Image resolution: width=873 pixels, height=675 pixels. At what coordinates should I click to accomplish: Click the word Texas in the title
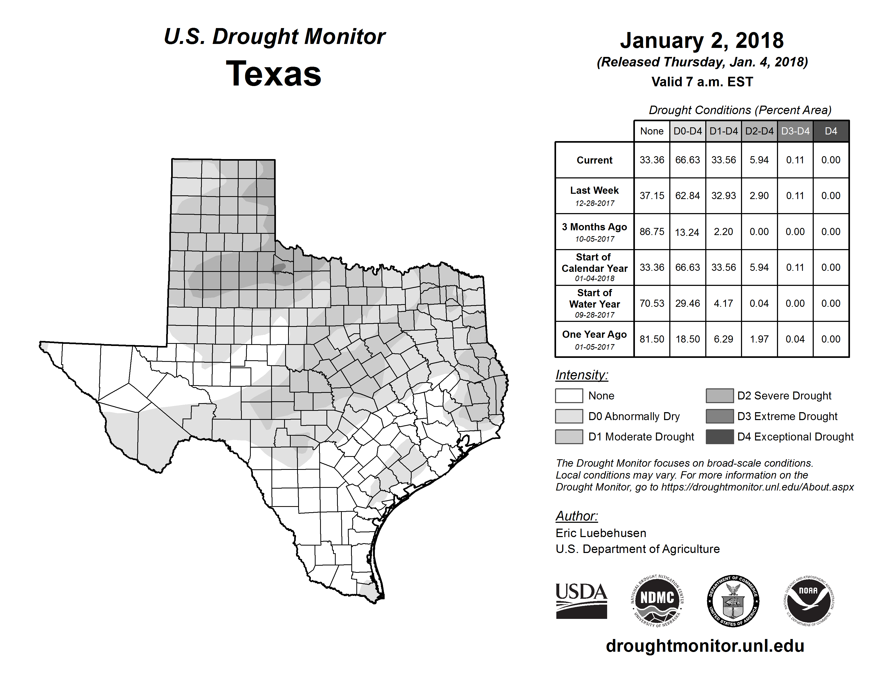coord(274,74)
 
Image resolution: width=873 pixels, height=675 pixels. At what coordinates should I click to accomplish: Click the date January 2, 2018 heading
coord(702,40)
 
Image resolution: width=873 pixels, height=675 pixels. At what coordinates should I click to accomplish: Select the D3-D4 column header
coord(795,131)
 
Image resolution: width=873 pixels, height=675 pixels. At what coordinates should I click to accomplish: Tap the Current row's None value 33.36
coord(652,160)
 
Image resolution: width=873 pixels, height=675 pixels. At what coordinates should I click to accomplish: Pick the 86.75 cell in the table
coord(652,232)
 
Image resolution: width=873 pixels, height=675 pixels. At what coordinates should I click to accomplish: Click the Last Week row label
coord(594,191)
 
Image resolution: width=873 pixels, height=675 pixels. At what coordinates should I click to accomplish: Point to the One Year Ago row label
coord(594,335)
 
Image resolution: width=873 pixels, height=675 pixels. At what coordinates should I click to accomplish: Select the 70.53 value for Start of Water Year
coord(652,304)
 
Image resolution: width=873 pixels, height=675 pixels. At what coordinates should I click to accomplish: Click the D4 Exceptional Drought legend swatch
coord(720,437)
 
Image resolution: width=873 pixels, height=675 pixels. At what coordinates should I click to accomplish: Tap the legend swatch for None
coord(569,395)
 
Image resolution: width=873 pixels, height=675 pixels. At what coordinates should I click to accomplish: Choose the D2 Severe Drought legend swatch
coord(720,395)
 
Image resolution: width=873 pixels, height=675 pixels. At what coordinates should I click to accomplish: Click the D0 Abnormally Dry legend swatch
coord(569,416)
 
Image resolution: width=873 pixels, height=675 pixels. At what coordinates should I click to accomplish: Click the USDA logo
coord(581,601)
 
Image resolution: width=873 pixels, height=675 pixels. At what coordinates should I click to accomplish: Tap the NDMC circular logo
coord(657,601)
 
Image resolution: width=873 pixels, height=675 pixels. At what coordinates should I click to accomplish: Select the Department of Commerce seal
coord(733,601)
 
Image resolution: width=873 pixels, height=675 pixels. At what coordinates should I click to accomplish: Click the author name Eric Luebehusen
coord(601,533)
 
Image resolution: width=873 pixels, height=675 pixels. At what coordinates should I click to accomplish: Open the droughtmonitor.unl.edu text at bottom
coord(705,646)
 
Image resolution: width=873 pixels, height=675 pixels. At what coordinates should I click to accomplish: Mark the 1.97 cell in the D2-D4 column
coord(759,339)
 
